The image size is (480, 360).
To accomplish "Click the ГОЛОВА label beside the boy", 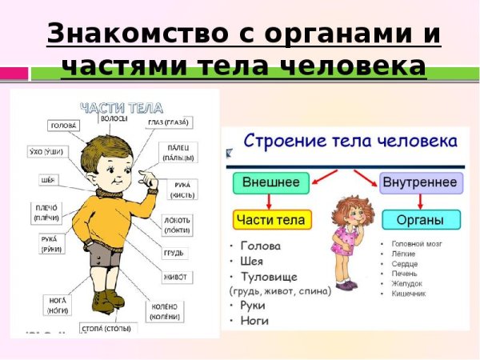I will [63, 126].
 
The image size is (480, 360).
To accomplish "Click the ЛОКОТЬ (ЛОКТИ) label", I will [178, 225].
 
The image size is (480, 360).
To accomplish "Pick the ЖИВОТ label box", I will [177, 277].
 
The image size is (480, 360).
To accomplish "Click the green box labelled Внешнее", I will [271, 183].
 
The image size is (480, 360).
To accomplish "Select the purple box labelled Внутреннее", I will [420, 183].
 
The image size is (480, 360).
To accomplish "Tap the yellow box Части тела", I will [271, 219].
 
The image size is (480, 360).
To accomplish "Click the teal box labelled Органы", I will [421, 219].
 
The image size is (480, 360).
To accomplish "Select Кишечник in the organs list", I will [409, 294].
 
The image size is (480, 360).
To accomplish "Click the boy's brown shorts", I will [102, 256].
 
